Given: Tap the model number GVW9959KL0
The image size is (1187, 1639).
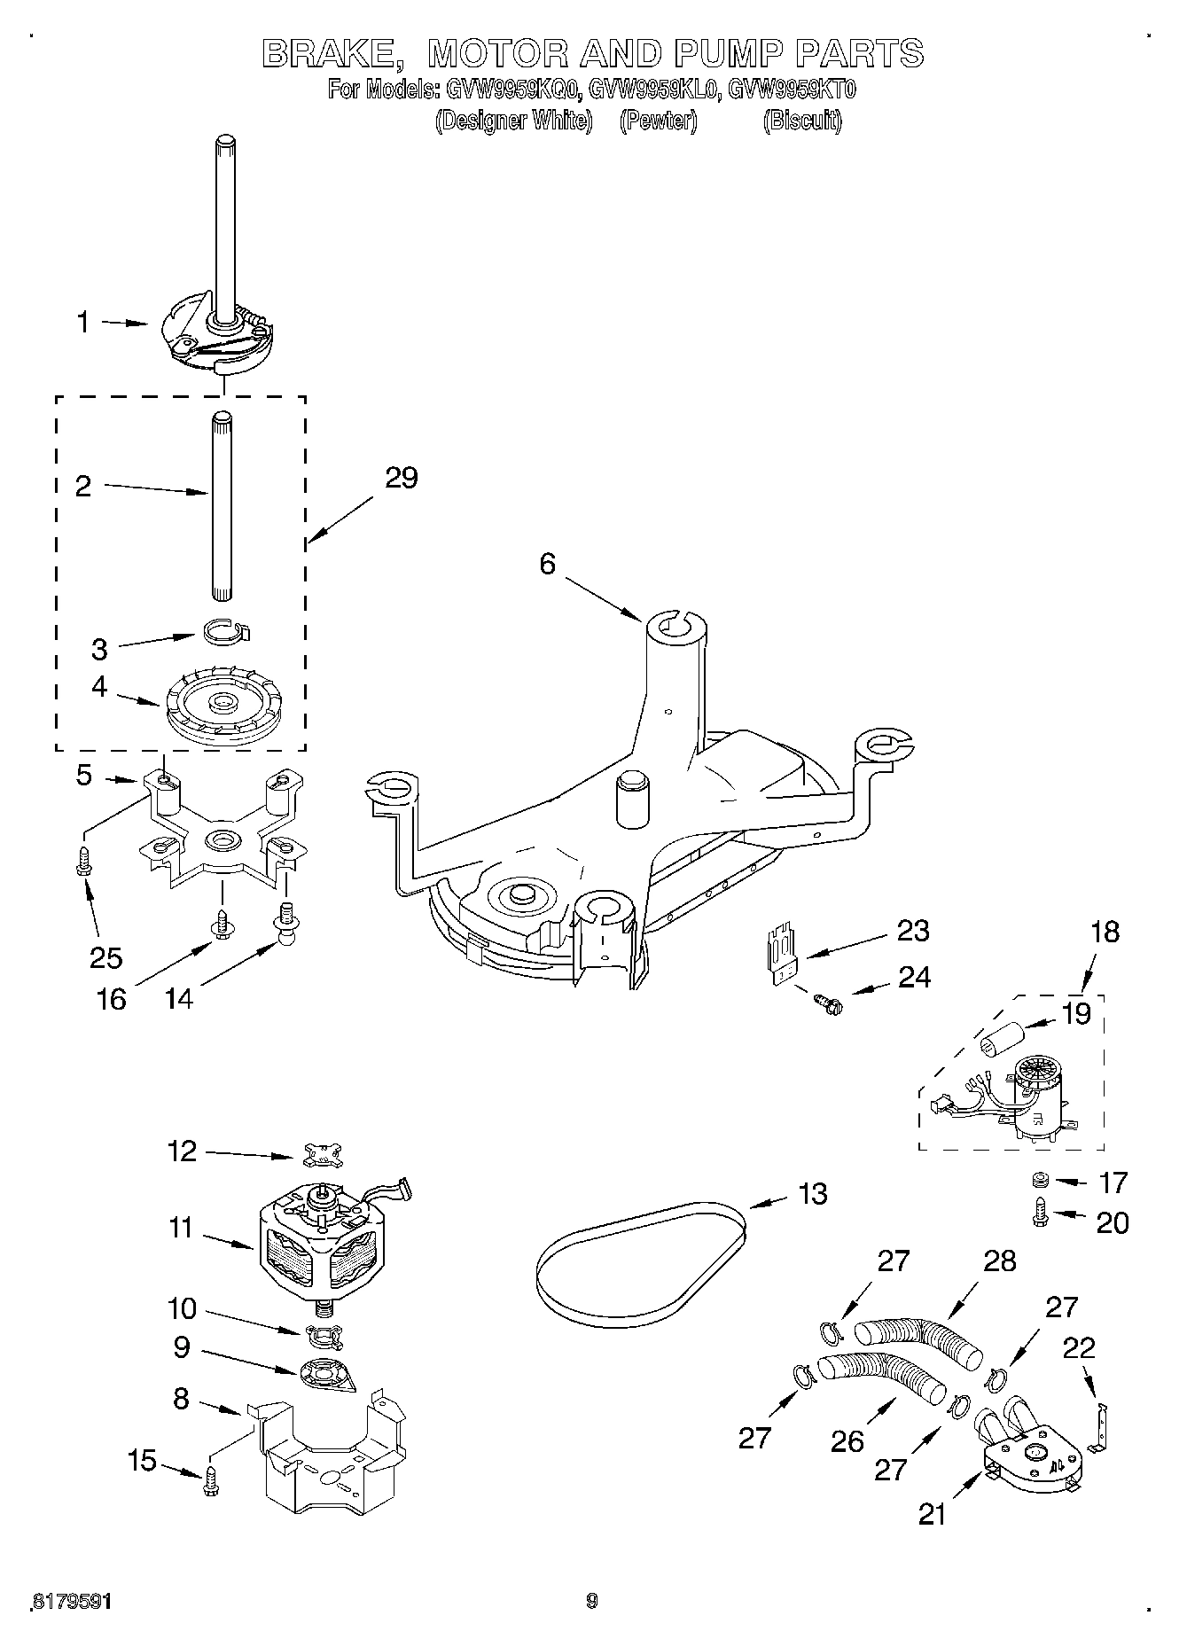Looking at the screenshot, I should pyautogui.click(x=654, y=90).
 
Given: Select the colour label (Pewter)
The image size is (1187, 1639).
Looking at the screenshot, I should pyautogui.click(x=658, y=121).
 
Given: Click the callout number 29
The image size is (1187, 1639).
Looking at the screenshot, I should pyautogui.click(x=401, y=478).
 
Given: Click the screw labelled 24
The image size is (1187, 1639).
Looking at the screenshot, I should pyautogui.click(x=830, y=1003).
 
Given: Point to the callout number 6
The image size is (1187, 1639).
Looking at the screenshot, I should pyautogui.click(x=547, y=564).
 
